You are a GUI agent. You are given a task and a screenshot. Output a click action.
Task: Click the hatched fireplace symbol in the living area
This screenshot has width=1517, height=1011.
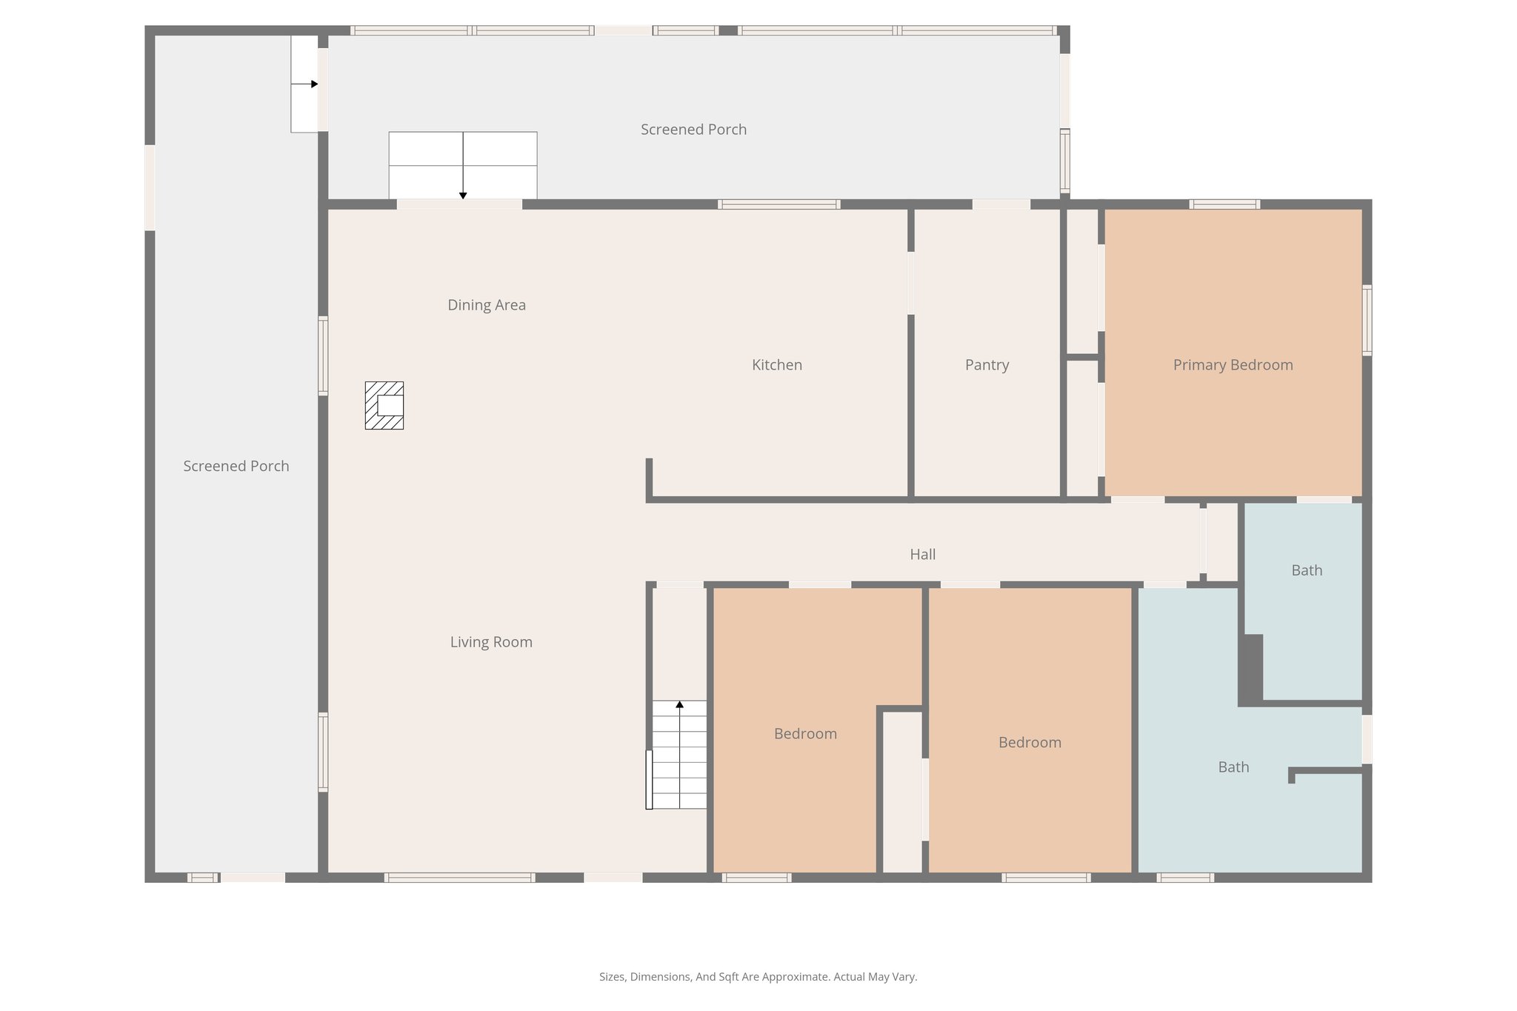click(x=384, y=405)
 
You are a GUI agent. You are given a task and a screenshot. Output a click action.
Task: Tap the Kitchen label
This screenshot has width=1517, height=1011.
click(x=776, y=364)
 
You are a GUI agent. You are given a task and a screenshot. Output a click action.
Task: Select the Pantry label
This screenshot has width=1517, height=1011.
click(x=987, y=364)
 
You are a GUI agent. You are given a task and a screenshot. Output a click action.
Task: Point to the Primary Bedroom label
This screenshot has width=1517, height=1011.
click(x=1233, y=364)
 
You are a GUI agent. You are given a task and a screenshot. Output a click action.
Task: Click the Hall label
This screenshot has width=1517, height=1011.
click(x=922, y=554)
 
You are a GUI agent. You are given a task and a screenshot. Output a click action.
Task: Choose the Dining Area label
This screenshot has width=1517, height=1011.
click(x=487, y=304)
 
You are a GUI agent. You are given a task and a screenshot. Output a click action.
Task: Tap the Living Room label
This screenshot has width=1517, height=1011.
click(x=491, y=641)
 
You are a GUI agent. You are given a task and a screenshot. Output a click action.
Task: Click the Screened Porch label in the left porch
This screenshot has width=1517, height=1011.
click(x=236, y=466)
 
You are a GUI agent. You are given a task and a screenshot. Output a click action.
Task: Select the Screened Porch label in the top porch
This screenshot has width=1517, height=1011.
click(x=693, y=129)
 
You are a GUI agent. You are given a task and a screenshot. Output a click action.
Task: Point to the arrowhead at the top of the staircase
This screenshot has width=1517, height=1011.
click(x=679, y=704)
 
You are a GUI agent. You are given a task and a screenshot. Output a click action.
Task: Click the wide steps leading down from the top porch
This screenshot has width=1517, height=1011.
click(x=463, y=165)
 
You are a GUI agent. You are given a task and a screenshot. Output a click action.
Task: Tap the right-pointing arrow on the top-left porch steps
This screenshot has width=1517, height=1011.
click(x=314, y=84)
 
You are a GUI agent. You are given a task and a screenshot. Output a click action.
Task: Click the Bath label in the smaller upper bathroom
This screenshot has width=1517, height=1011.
click(x=1307, y=570)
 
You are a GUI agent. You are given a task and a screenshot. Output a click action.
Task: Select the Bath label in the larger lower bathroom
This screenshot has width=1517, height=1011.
click(x=1233, y=767)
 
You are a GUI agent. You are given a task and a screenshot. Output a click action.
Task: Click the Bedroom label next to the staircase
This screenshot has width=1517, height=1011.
click(x=805, y=733)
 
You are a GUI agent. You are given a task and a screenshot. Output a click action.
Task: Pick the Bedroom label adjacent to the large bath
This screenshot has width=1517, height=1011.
click(x=1030, y=742)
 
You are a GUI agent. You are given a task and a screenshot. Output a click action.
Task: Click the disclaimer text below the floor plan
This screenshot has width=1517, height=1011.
click(x=758, y=976)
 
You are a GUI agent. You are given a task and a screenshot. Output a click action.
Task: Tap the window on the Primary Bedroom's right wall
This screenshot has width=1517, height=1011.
click(x=1367, y=320)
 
